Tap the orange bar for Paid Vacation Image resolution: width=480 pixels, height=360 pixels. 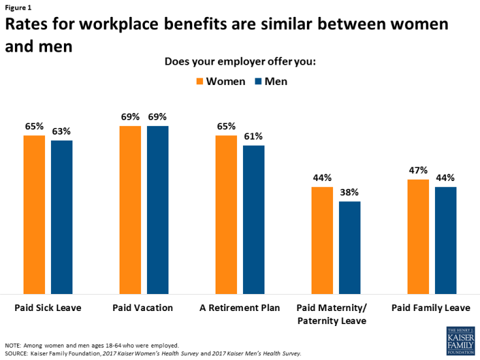130,210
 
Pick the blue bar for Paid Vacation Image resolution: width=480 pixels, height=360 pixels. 157,210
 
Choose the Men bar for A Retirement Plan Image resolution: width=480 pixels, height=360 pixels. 253,220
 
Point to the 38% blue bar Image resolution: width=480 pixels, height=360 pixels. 349,248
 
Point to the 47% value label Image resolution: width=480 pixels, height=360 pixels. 418,170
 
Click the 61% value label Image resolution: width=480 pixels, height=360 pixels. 253,136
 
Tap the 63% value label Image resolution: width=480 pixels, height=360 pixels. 61,131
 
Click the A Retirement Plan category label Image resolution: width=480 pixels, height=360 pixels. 240,307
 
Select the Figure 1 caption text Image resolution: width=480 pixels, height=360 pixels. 18,7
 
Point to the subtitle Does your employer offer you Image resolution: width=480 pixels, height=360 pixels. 240,63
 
